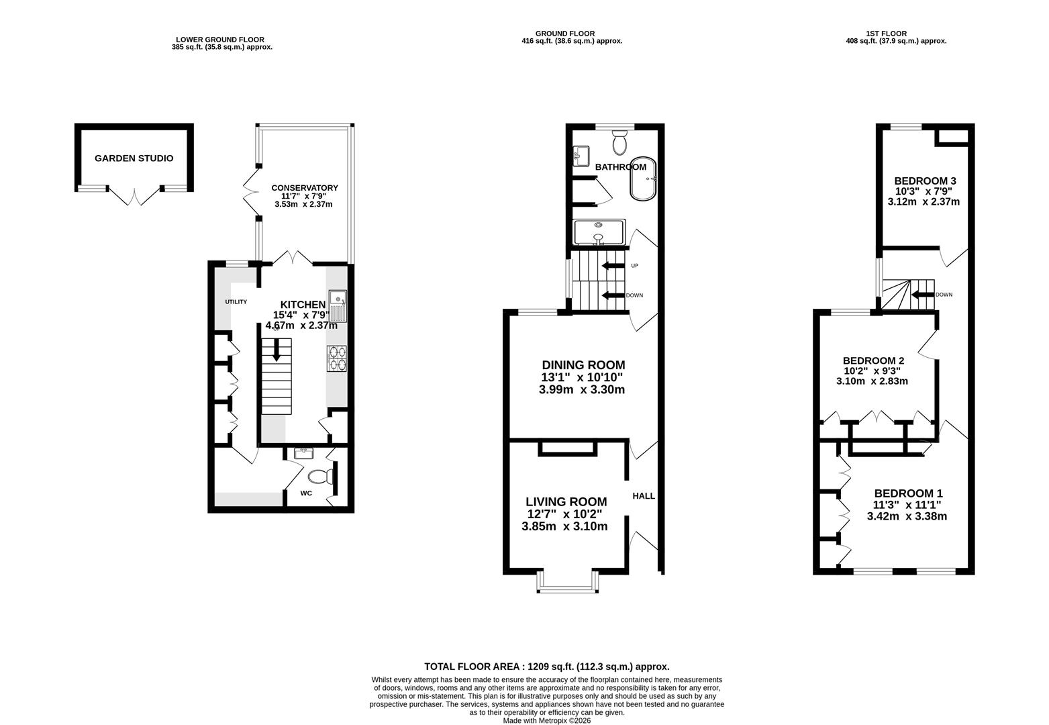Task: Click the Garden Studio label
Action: point(134,158)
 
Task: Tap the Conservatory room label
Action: point(304,188)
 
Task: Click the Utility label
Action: point(236,302)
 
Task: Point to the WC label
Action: point(306,493)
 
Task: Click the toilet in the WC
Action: point(320,477)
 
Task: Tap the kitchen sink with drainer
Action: point(338,306)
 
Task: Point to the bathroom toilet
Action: point(619,142)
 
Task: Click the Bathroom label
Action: point(620,167)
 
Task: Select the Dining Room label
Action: point(583,365)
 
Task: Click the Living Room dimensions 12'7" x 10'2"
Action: point(565,514)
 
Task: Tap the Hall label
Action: point(644,496)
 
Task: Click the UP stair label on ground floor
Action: point(634,266)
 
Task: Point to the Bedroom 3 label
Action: point(925,181)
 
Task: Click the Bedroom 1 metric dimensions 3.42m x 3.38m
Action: point(907,517)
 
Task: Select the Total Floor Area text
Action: point(546,667)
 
